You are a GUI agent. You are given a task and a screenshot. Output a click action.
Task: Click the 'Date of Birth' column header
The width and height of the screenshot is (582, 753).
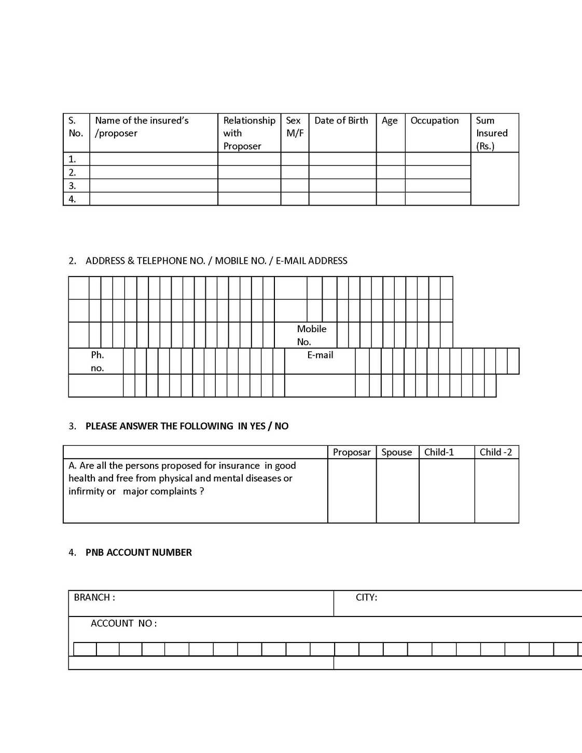coord(341,121)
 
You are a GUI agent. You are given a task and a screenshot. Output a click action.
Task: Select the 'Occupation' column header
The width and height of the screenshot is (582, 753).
coord(435,121)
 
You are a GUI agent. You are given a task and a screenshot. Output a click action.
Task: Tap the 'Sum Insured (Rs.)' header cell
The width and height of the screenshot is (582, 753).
coord(492,133)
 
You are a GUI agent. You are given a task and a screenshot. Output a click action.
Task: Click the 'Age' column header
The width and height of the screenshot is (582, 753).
coord(390,121)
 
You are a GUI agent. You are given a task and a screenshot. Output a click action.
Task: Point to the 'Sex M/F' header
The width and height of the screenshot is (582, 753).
coord(294,127)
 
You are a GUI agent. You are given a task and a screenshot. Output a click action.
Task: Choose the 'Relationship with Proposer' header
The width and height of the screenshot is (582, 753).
coord(249,133)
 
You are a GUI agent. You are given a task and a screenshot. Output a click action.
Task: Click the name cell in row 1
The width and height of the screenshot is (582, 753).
coord(154,159)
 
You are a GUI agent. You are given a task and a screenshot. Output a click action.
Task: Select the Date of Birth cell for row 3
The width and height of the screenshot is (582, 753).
coord(342,186)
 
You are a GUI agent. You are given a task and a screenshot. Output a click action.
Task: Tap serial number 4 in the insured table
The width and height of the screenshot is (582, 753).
coord(73,199)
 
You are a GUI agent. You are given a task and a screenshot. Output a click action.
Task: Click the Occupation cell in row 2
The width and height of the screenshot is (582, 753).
coord(438,172)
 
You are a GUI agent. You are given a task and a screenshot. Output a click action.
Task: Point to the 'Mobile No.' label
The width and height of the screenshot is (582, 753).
coord(311,335)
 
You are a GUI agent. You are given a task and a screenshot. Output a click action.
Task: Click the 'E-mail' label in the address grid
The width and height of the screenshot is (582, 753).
coord(320,355)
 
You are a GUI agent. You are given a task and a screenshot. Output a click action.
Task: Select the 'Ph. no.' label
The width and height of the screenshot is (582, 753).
coord(98,362)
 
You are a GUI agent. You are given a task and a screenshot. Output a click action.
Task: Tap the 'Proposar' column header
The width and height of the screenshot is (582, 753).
coord(352,453)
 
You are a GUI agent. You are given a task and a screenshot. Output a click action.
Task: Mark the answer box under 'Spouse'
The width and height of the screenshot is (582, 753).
coord(397,490)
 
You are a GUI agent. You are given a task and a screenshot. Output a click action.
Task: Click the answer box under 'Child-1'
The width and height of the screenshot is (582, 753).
coord(447,490)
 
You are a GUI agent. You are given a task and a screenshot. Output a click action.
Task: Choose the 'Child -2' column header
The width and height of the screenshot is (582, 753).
coord(496,453)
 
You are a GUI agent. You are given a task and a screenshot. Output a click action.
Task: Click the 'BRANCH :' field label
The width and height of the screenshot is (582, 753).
coord(94,598)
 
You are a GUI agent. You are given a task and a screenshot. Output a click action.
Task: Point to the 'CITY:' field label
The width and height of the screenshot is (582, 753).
coord(366,598)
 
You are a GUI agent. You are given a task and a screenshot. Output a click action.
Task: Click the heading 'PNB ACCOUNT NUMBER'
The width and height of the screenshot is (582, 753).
coord(138,553)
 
